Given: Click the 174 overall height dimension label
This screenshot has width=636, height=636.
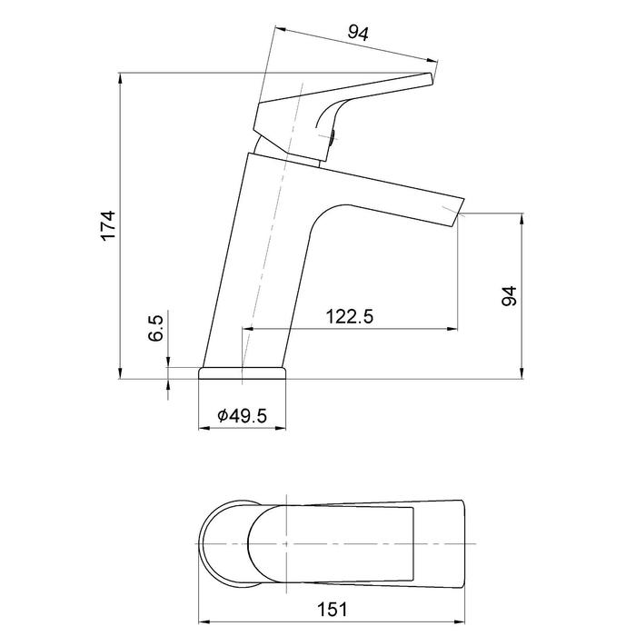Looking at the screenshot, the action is [109, 226].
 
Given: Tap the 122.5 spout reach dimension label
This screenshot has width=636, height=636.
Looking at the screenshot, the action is [349, 316].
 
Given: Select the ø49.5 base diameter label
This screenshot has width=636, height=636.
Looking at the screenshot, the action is [243, 415].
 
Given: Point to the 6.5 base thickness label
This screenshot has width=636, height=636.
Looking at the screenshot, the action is [155, 328].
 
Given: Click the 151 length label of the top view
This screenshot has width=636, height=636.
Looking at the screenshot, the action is [333, 609].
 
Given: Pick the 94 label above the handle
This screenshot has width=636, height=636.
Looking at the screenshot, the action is [358, 34].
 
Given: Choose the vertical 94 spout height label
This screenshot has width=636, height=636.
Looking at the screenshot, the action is [510, 295].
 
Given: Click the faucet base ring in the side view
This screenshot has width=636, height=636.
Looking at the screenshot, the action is [243, 373].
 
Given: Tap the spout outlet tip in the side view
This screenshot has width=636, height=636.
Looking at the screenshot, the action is [460, 213].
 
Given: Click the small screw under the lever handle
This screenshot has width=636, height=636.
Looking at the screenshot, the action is [332, 137].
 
